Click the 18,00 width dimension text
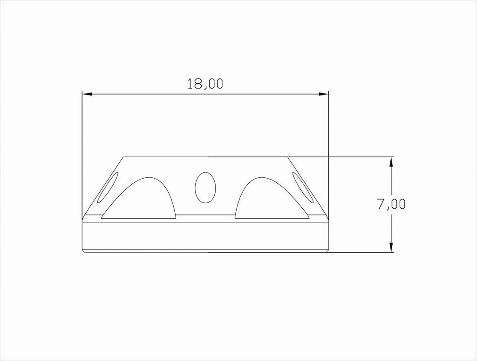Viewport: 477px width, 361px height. pos(205,84)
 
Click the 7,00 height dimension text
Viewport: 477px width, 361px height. pos(391,205)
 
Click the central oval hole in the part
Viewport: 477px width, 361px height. pos(205,187)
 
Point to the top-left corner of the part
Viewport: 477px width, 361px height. pos(123,157)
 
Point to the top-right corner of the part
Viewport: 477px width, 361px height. pos(287,157)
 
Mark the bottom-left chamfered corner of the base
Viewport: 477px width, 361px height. pos(83,251)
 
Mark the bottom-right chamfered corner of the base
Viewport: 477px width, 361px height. pos(327,251)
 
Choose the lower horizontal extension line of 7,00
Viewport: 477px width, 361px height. pos(359,253)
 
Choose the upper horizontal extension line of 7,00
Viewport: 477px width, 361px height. pos(359,157)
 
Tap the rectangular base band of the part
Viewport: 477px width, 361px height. pos(205,237)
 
